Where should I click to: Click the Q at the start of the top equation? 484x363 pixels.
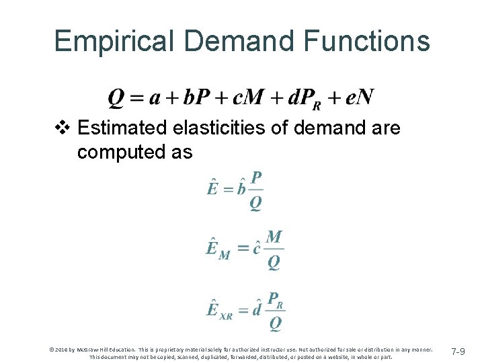tap(116, 98)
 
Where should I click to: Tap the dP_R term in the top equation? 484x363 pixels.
tap(304, 99)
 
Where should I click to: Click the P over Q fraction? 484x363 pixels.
tap(255, 191)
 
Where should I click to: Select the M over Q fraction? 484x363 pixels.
tap(274, 249)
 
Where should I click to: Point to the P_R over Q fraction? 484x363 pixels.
tap(276, 311)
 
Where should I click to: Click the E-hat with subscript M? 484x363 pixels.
tap(217, 249)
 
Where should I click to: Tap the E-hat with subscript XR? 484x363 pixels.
tap(219, 311)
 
